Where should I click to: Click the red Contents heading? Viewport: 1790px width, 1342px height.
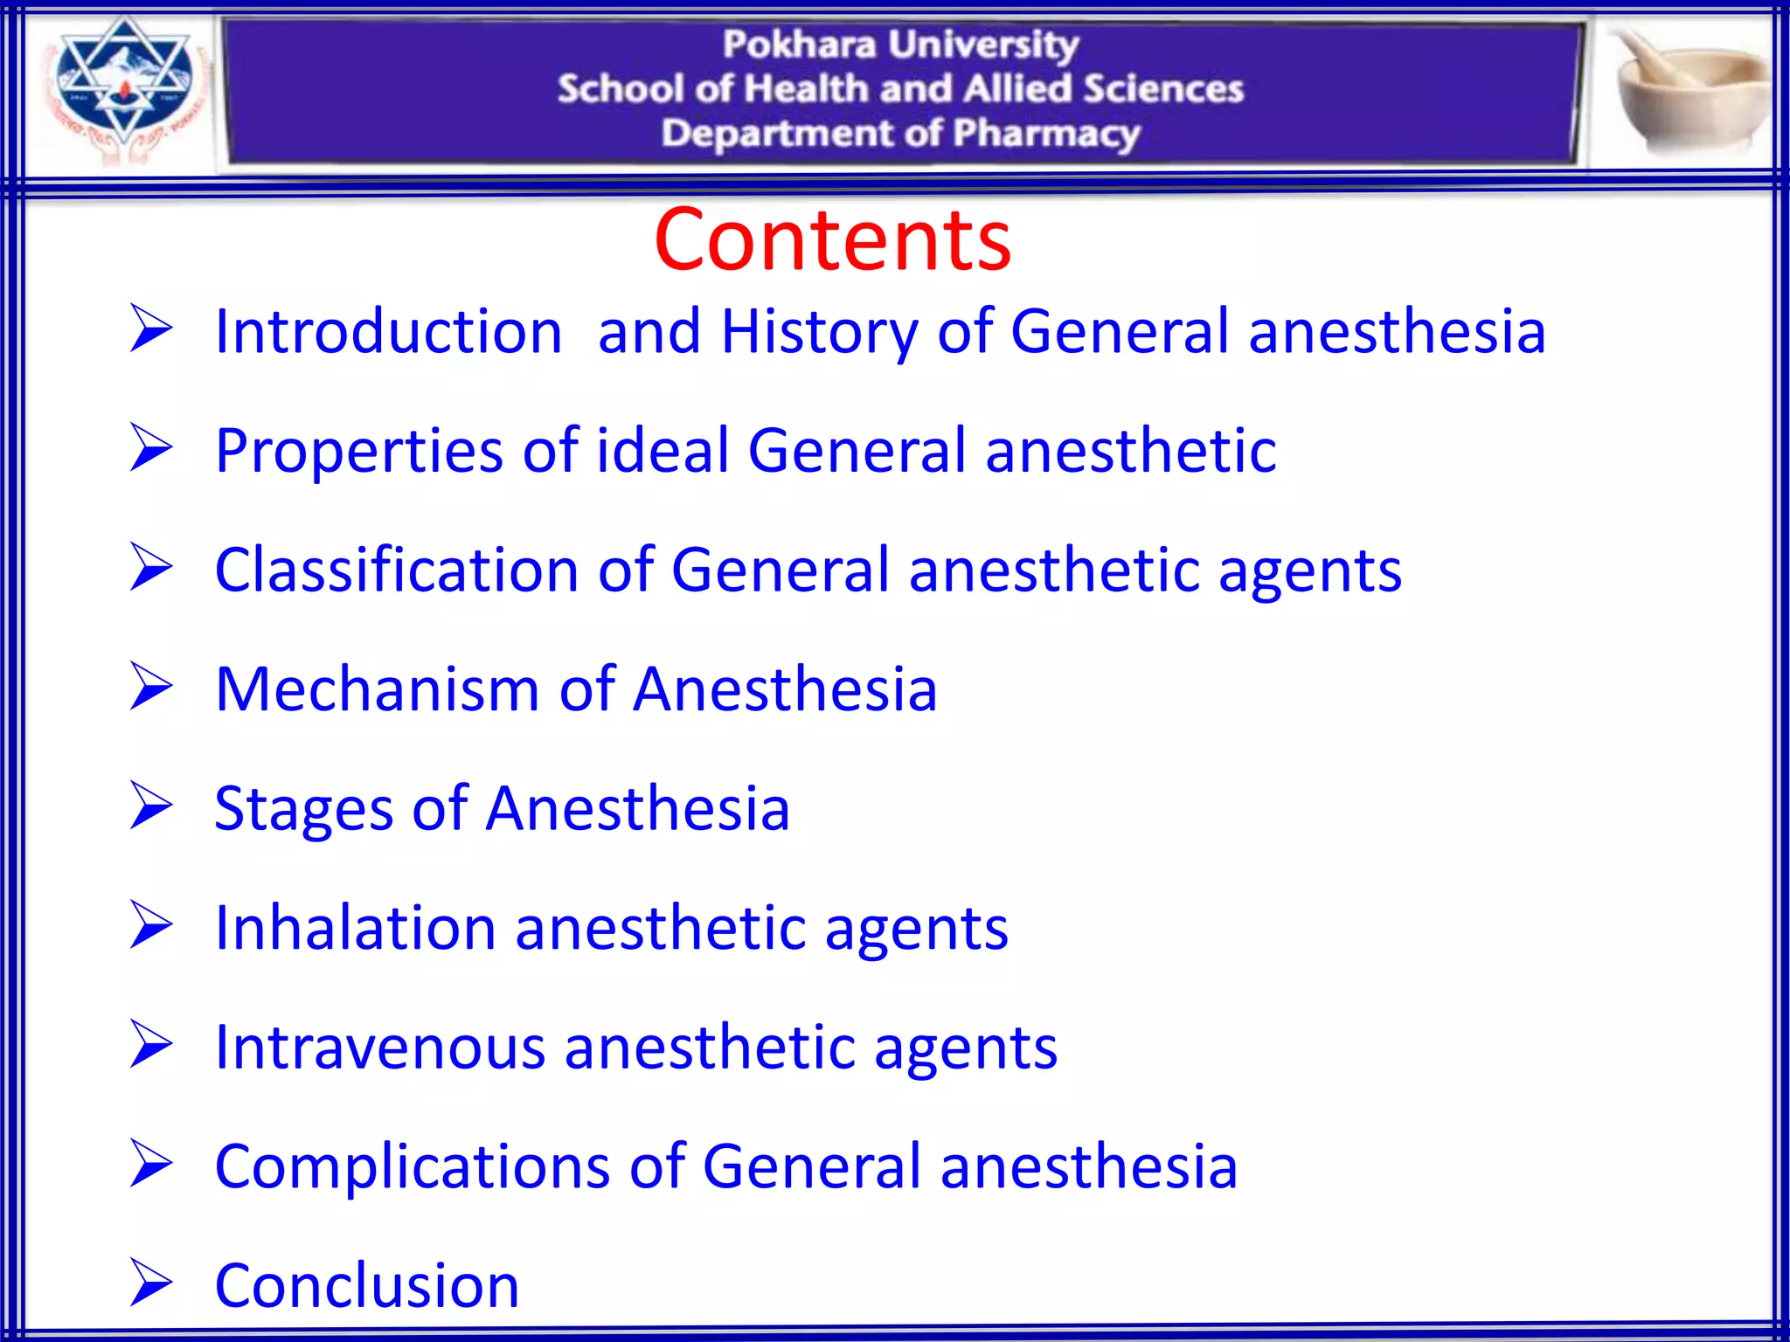(x=832, y=239)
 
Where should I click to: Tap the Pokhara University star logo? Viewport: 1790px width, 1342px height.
(x=123, y=87)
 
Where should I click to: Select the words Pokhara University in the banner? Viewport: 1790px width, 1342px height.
(x=900, y=44)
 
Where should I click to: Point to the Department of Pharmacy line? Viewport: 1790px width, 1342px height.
(x=900, y=134)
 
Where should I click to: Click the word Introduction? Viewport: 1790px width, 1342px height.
(x=388, y=332)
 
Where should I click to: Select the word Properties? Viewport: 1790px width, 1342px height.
(x=359, y=451)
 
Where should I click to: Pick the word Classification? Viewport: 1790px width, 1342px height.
(x=397, y=570)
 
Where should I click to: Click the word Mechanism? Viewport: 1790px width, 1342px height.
(x=377, y=689)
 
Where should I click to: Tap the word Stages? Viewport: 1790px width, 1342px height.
(x=303, y=809)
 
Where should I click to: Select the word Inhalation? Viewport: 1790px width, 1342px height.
(x=355, y=928)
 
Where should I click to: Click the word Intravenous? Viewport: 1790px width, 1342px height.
(x=379, y=1047)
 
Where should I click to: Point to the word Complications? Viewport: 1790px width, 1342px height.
(x=412, y=1166)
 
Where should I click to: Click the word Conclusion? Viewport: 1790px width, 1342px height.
(x=367, y=1285)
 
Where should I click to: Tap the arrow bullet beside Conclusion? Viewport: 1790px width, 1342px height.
(x=150, y=1283)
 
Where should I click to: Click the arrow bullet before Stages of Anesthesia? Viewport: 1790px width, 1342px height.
(x=150, y=806)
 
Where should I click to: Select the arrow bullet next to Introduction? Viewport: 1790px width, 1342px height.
(x=150, y=329)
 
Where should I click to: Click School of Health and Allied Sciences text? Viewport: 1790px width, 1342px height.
(x=900, y=88)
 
